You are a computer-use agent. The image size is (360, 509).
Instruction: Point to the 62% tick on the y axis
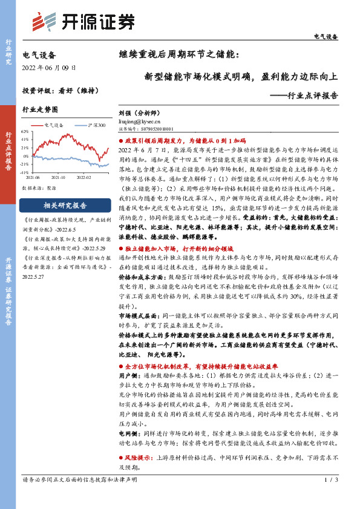25,131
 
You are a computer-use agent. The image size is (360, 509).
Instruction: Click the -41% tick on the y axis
25,173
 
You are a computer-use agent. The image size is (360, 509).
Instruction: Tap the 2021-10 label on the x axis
58,178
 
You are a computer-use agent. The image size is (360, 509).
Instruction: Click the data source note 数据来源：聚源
36,188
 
